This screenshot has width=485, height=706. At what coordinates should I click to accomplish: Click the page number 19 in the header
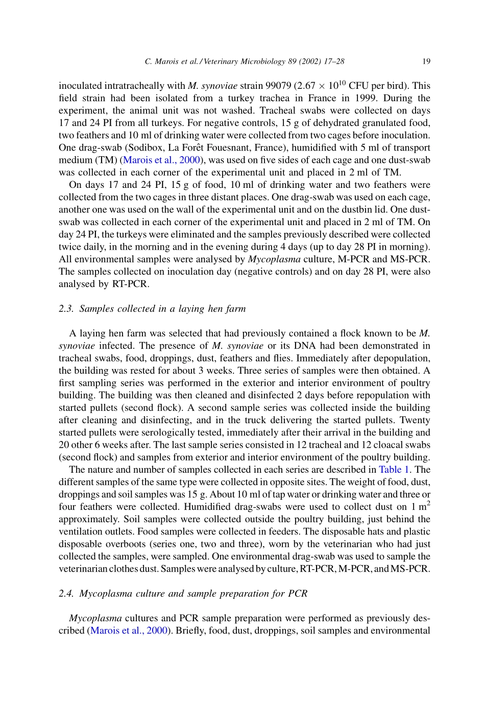pos(426,61)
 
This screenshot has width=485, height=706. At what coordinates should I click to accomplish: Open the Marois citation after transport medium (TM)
pos(161,160)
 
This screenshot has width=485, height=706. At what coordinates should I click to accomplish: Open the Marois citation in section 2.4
pos(129,630)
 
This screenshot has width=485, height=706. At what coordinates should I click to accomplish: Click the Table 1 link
pos(394,470)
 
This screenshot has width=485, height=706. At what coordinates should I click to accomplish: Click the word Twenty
pos(415,420)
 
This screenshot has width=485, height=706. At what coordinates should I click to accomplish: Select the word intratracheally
pos(122,86)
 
